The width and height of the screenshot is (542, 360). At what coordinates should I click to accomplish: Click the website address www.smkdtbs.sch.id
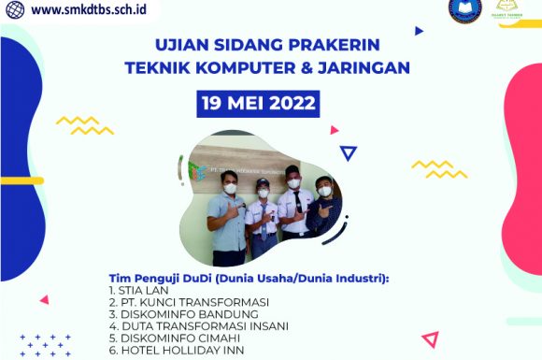(x=82, y=9)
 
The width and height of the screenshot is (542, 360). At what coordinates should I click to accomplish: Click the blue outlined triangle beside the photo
(x=349, y=153)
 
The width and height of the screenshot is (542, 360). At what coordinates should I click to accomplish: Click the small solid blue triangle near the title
(x=419, y=31)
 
